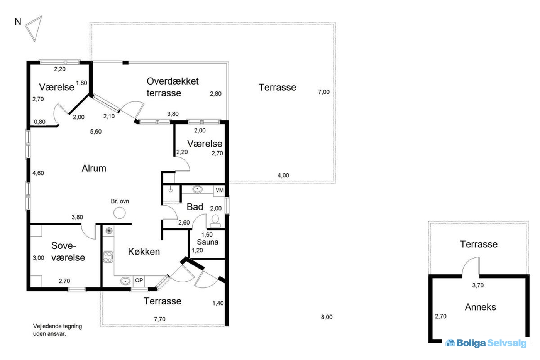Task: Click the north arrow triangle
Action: [33, 28]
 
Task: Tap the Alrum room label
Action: [94, 168]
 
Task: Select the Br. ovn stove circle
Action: [119, 213]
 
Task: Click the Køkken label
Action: [144, 252]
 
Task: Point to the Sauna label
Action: [208, 242]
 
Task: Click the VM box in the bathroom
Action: [219, 190]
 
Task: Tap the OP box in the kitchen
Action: [139, 281]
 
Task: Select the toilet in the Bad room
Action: [215, 221]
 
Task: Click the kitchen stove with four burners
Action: [108, 257]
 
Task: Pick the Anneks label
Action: [480, 307]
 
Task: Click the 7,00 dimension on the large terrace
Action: [323, 92]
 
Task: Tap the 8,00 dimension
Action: [326, 317]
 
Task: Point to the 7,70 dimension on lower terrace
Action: [159, 319]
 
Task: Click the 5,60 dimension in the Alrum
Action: [96, 132]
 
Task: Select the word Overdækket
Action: [173, 81]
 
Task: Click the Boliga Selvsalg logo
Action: [486, 343]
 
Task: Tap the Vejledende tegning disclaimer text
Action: [57, 330]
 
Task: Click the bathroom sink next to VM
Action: [197, 189]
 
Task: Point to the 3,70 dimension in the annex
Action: [477, 286]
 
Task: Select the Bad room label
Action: [195, 207]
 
